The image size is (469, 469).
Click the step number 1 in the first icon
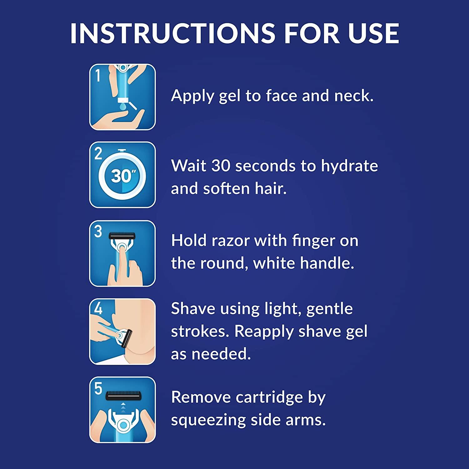[x=98, y=76]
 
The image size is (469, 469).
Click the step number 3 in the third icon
[x=98, y=232]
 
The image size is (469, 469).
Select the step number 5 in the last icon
[x=98, y=389]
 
